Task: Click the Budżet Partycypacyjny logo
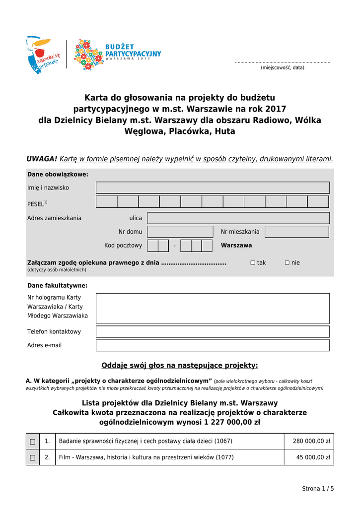point(118,54)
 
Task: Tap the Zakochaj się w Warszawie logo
point(43,55)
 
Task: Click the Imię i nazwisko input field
point(213,188)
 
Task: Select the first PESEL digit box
point(107,201)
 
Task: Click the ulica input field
point(238,218)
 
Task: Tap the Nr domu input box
point(180,232)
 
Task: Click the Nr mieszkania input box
point(296,232)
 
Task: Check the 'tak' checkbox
point(253,262)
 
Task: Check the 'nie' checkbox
point(287,262)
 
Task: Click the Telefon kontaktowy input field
point(213,331)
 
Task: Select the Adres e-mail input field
point(213,345)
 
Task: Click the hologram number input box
point(213,308)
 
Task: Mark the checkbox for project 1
point(33,442)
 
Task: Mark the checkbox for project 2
point(33,457)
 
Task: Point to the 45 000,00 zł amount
point(313,457)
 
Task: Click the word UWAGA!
point(42,159)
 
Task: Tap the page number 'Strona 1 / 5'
point(318,489)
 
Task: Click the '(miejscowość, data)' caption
point(283,67)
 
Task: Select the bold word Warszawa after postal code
point(236,246)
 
